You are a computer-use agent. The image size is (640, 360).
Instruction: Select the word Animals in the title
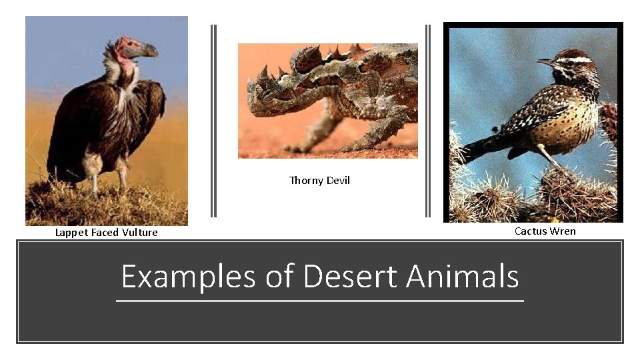(x=463, y=277)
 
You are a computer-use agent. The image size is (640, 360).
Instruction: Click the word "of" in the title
(x=279, y=277)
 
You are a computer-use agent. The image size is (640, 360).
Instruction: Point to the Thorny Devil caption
(x=319, y=181)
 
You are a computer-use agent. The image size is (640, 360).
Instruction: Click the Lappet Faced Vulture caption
(x=107, y=233)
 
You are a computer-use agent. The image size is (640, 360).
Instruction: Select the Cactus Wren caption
(x=545, y=231)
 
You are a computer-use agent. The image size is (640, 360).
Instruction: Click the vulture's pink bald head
(x=125, y=48)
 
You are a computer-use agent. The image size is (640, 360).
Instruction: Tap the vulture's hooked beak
(x=149, y=50)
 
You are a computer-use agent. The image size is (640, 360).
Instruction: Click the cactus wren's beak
(x=545, y=62)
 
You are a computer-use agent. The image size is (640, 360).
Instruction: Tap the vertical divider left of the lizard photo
(x=214, y=121)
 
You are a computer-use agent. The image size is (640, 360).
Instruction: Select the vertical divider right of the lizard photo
(x=427, y=121)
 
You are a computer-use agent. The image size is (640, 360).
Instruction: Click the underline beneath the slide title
(x=320, y=301)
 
